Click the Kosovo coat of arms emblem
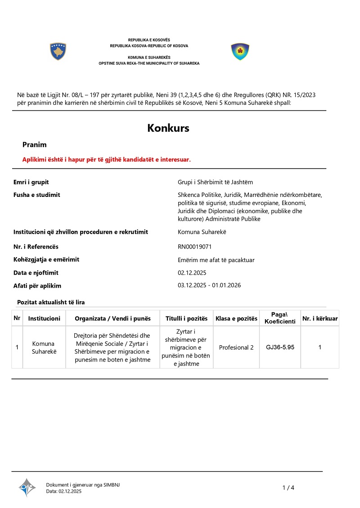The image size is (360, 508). pyautogui.click(x=58, y=52)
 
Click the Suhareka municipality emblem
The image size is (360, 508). pyautogui.click(x=240, y=52)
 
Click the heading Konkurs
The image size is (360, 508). pyautogui.click(x=168, y=128)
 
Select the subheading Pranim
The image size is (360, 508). pyautogui.click(x=35, y=145)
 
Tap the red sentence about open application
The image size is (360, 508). pyautogui.click(x=107, y=160)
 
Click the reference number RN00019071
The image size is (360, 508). pyautogui.click(x=195, y=247)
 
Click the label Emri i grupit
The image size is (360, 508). pyautogui.click(x=31, y=182)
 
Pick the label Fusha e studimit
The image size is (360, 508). pyautogui.click(x=36, y=195)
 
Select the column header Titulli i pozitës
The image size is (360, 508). pyautogui.click(x=186, y=318)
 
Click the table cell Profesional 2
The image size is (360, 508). pyautogui.click(x=236, y=348)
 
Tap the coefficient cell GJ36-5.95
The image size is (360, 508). pyautogui.click(x=280, y=348)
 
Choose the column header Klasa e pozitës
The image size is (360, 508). pyautogui.click(x=236, y=318)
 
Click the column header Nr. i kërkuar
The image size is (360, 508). pyautogui.click(x=320, y=318)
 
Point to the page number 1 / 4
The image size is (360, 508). pyautogui.click(x=288, y=488)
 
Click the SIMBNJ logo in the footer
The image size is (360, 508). pyautogui.click(x=27, y=487)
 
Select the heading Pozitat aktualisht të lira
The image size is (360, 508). pyautogui.click(x=51, y=302)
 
